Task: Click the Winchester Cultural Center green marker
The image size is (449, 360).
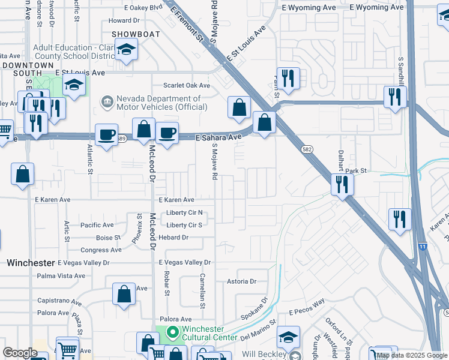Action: (x=173, y=331)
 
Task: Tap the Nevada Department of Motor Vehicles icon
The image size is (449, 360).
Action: (x=107, y=102)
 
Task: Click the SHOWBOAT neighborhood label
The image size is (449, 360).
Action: (x=135, y=34)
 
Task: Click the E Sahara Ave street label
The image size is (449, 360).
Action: (x=218, y=137)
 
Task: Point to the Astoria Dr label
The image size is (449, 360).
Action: (x=241, y=281)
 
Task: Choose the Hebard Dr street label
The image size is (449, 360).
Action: (x=173, y=238)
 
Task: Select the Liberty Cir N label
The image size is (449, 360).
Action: (x=185, y=213)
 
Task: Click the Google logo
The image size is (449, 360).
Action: (x=20, y=353)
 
